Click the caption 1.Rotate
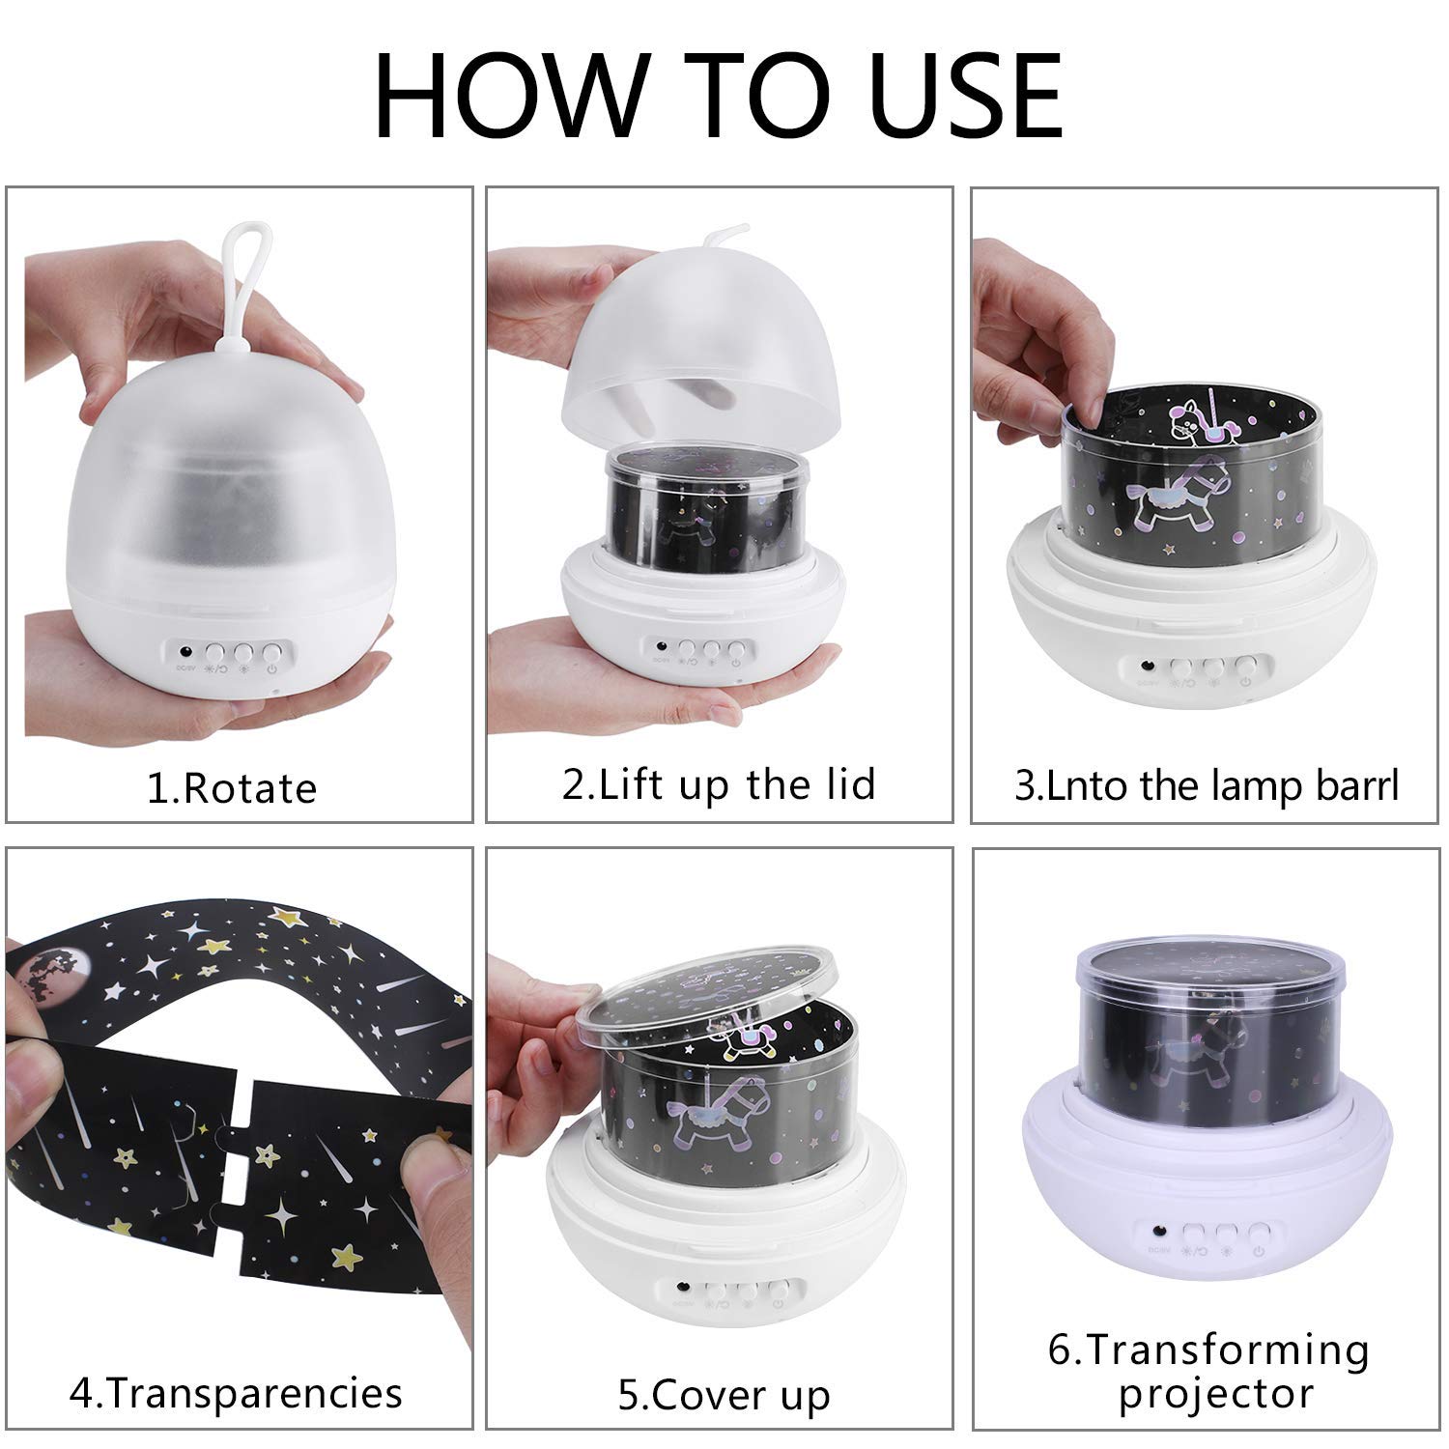pyautogui.click(x=232, y=788)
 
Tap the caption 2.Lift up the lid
pyautogui.click(x=719, y=783)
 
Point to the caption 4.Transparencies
pyautogui.click(x=236, y=1393)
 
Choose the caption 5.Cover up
pyautogui.click(x=724, y=1396)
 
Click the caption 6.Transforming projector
pyautogui.click(x=1209, y=1371)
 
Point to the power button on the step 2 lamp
pyautogui.click(x=736, y=651)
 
